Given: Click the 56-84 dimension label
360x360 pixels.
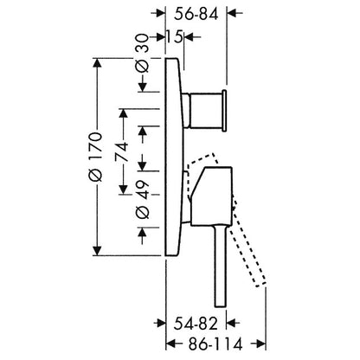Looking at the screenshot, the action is (x=196, y=13).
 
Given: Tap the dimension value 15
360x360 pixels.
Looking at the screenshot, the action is (x=174, y=37).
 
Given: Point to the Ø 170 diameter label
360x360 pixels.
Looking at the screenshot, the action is (x=95, y=157).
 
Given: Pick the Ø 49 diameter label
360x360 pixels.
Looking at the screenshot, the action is (x=143, y=200).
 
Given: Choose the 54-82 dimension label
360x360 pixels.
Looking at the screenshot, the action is (x=196, y=324).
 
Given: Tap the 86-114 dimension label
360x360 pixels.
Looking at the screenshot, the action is (x=215, y=344).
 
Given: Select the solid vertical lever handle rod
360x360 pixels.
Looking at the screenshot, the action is (x=220, y=266).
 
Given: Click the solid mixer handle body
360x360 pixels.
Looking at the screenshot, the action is (x=211, y=196).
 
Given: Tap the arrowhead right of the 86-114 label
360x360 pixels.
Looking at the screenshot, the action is (x=258, y=344).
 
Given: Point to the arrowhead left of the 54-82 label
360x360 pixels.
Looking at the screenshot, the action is (x=159, y=323).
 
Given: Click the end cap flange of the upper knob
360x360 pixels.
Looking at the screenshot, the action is (x=224, y=111).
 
